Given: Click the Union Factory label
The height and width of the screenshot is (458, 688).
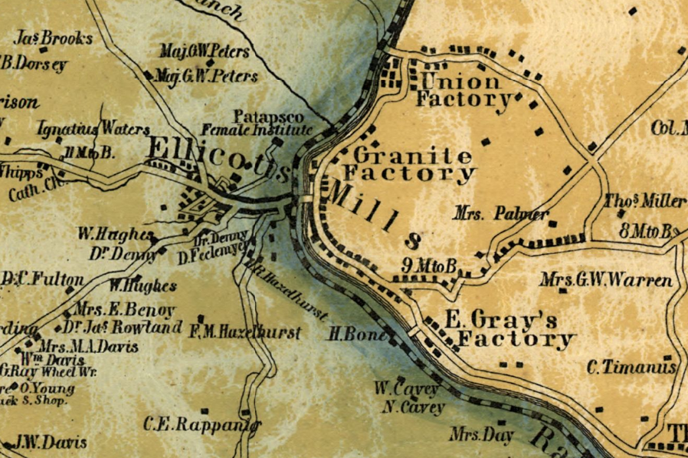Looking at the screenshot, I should coord(464,90).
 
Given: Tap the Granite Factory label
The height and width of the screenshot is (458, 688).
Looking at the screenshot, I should coord(408,164).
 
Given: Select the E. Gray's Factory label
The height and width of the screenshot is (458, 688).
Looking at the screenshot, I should coord(510,329).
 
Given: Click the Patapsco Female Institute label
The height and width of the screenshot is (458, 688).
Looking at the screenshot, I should coord(268,123).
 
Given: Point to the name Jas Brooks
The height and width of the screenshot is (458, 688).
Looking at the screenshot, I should coord(56,38).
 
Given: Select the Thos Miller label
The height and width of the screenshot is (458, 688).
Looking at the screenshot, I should coord(645,202).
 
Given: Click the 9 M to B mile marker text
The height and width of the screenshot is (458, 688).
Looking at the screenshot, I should coord(430,266).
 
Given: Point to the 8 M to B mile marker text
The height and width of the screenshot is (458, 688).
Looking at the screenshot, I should coord(649,231).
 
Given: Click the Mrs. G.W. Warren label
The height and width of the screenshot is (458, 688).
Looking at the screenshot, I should coord(605,280).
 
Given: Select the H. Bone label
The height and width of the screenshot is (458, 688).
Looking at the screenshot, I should coord(354,334).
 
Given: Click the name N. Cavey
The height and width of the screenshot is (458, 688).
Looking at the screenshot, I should coord(409,407).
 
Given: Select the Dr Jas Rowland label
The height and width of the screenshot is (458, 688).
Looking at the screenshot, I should coord(123,328).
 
